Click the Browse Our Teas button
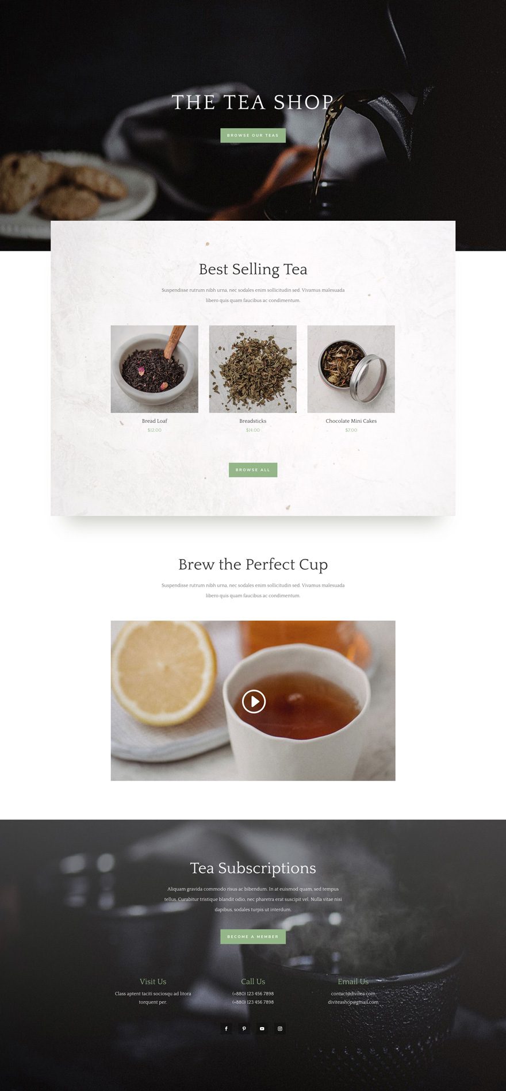[253, 136]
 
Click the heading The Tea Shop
[253, 102]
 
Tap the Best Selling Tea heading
[253, 269]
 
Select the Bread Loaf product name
[154, 421]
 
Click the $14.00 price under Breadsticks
[253, 430]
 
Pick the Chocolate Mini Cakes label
[351, 421]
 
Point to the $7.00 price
[351, 430]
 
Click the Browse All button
[253, 470]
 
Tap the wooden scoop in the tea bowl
[175, 340]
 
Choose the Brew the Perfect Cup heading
[253, 565]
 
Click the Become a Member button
[253, 937]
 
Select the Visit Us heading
[153, 982]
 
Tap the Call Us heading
[253, 982]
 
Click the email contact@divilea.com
[353, 994]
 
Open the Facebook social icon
[226, 1029]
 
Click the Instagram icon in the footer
[280, 1029]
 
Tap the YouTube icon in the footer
[262, 1029]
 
